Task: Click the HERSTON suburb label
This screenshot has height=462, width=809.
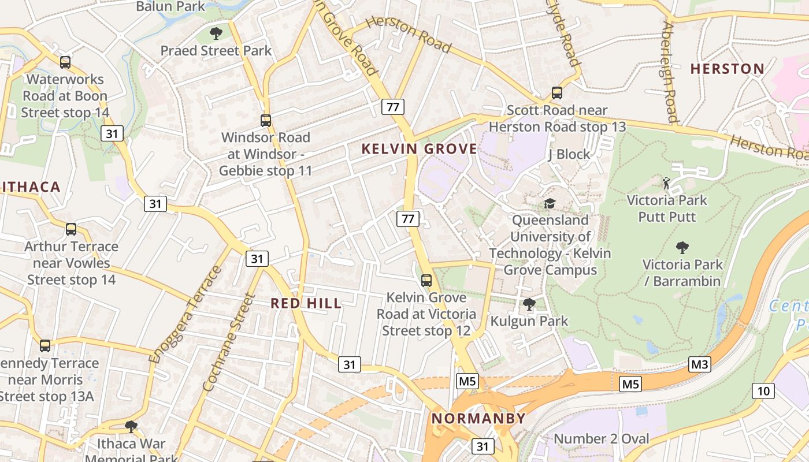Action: (728, 69)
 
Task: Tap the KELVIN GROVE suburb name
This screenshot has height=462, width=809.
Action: (420, 149)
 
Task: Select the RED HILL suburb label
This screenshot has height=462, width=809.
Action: (306, 304)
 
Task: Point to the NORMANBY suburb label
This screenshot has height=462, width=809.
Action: (479, 419)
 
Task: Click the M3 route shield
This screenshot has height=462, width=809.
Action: (699, 364)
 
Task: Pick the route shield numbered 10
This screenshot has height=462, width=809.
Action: (763, 391)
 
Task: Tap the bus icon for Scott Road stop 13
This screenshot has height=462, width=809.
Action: (557, 92)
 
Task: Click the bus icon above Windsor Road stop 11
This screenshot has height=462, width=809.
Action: (266, 120)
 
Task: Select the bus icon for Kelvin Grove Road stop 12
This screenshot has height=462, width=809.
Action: (426, 281)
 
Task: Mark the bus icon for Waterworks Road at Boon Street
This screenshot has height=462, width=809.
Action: (65, 62)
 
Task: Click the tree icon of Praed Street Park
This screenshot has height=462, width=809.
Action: (216, 33)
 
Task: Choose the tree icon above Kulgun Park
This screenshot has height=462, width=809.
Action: (529, 304)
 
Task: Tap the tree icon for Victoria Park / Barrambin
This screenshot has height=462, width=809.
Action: (682, 248)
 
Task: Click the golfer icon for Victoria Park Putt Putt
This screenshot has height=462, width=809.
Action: (666, 183)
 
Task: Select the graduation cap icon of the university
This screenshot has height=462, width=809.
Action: (550, 203)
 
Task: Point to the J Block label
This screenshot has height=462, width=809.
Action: (569, 154)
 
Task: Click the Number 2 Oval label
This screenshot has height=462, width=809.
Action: (602, 439)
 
